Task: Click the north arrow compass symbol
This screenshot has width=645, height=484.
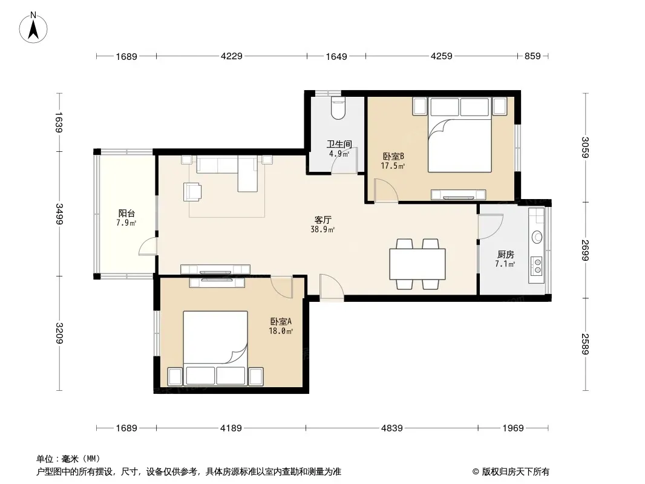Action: tap(33, 27)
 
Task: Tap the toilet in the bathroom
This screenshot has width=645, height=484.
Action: tap(338, 108)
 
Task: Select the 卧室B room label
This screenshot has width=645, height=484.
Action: tap(393, 156)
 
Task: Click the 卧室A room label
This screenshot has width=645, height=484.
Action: tap(281, 322)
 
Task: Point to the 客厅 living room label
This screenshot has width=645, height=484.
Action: tap(322, 220)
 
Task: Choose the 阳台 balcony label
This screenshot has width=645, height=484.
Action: tap(126, 214)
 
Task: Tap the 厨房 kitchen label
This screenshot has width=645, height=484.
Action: tap(506, 255)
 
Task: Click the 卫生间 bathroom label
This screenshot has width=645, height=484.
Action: tap(339, 145)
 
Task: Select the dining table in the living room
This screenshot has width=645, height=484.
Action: tap(417, 264)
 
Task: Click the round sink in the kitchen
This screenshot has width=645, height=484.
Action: tap(537, 237)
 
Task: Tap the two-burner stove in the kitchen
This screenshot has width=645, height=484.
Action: tap(537, 266)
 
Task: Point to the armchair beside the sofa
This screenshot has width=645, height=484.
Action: tap(192, 192)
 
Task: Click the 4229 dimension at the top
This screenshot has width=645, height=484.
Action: tap(232, 56)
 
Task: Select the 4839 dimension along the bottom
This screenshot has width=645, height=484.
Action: tap(391, 428)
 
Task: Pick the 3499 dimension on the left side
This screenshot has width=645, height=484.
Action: tap(59, 214)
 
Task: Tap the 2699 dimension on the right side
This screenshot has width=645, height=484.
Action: tap(585, 250)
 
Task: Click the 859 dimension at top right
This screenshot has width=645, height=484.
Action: tap(532, 56)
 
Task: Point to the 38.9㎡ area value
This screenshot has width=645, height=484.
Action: tap(322, 229)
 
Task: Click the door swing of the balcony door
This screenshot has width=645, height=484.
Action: tap(147, 247)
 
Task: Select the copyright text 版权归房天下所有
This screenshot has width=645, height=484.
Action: tap(516, 472)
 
